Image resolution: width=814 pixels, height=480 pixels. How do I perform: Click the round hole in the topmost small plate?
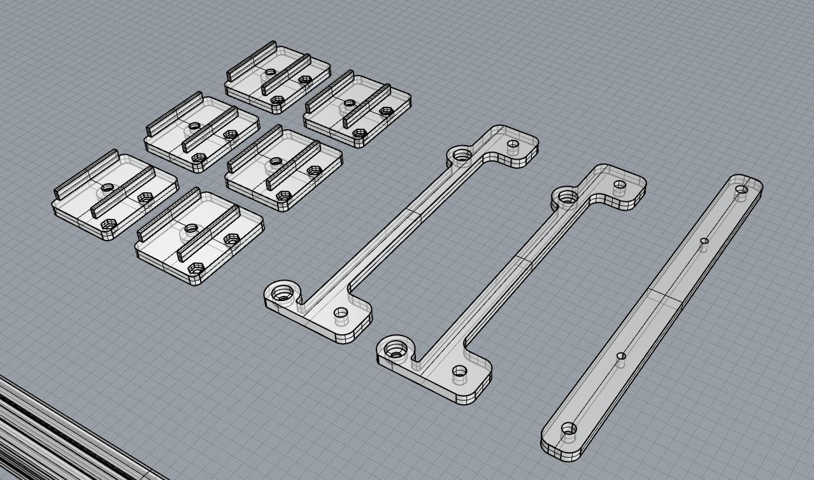tap(271, 73)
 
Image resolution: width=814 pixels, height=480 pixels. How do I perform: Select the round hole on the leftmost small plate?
tap(107, 188)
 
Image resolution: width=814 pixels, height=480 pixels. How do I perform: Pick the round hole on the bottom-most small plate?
tap(191, 228)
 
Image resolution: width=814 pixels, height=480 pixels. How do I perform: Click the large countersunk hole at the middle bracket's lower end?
tap(396, 349)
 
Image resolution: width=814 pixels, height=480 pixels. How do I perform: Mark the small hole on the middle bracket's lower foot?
tap(459, 371)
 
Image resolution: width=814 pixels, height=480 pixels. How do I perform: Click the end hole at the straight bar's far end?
tap(741, 189)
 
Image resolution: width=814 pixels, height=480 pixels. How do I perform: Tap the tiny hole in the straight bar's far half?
tap(704, 241)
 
